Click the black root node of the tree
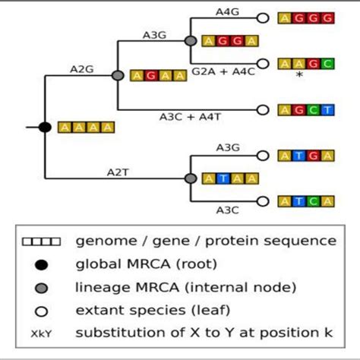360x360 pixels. pos(45,127)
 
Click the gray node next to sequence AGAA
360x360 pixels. pos(118,75)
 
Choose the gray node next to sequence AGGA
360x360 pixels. pos(191,40)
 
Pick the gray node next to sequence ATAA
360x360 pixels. pos(191,178)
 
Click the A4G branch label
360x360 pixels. pos(227,11)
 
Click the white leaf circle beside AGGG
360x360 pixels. pos(264,17)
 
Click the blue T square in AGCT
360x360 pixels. pos(327,110)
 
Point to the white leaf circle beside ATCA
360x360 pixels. pos(264,201)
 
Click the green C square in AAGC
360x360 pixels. pos(327,64)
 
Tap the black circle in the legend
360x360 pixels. pos(42,264)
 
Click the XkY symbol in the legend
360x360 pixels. pos(41,334)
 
